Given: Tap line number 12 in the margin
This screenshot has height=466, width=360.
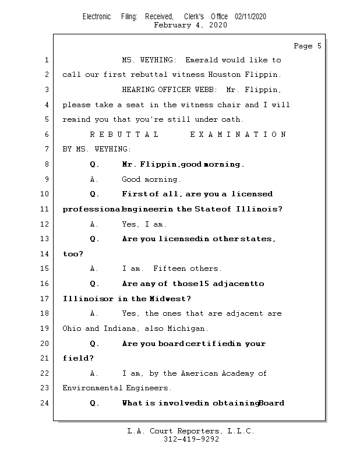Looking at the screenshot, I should pyautogui.click(x=45, y=224).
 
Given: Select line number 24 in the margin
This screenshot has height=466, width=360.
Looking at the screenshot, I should pyautogui.click(x=45, y=403).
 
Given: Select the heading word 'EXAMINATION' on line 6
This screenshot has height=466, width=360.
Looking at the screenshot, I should pyautogui.click(x=238, y=135).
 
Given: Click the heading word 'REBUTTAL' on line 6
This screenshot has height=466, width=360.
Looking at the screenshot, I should pyautogui.click(x=124, y=135).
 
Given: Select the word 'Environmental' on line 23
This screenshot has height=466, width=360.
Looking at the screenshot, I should pyautogui.click(x=93, y=388).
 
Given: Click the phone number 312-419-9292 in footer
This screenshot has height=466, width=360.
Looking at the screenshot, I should pyautogui.click(x=191, y=440).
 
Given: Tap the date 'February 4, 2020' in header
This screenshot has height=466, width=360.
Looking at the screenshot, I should pyautogui.click(x=190, y=25).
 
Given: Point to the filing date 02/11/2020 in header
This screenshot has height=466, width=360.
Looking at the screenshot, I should pyautogui.click(x=250, y=16).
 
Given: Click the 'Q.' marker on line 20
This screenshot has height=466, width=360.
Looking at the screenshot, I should pyautogui.click(x=95, y=344).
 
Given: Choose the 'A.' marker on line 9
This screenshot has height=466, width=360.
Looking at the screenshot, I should pyautogui.click(x=94, y=179).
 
